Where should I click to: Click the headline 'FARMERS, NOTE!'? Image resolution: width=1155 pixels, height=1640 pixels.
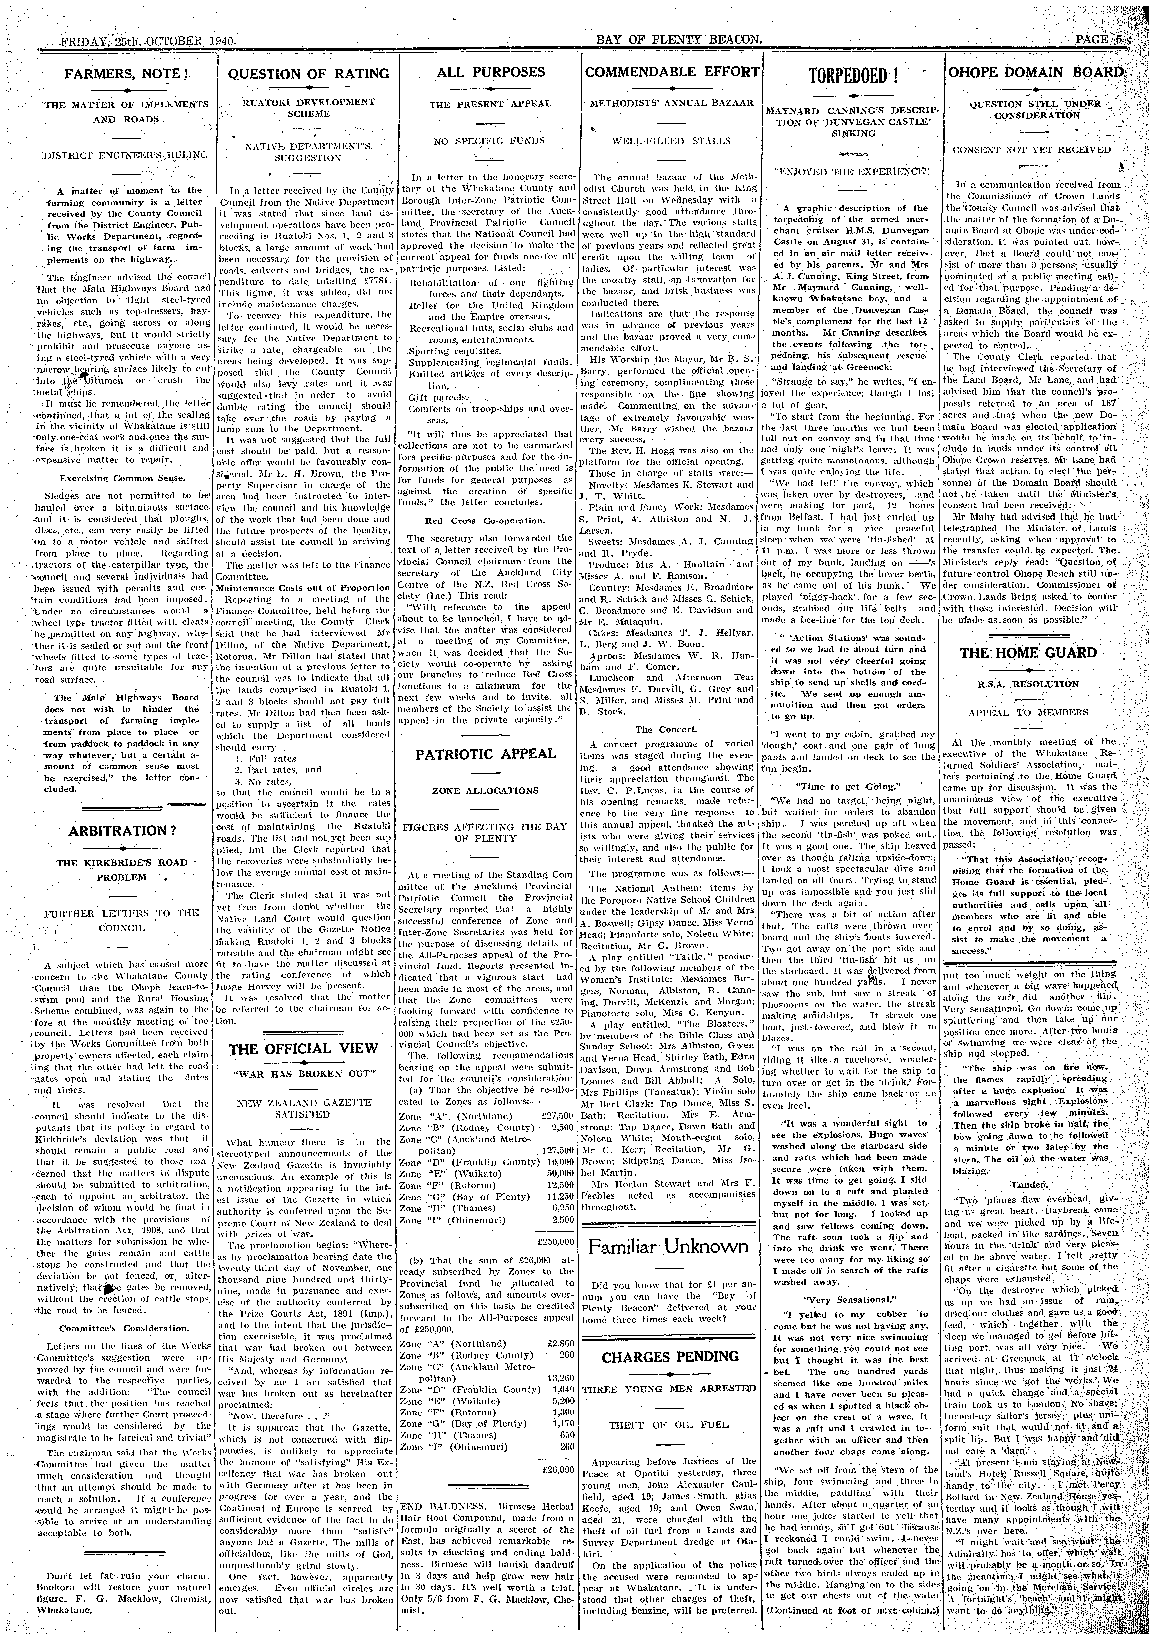[126, 74]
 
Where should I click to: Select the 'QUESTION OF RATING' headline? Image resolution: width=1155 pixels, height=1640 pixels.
[309, 74]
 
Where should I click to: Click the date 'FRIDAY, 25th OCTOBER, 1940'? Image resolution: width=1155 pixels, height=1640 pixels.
[139, 41]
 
